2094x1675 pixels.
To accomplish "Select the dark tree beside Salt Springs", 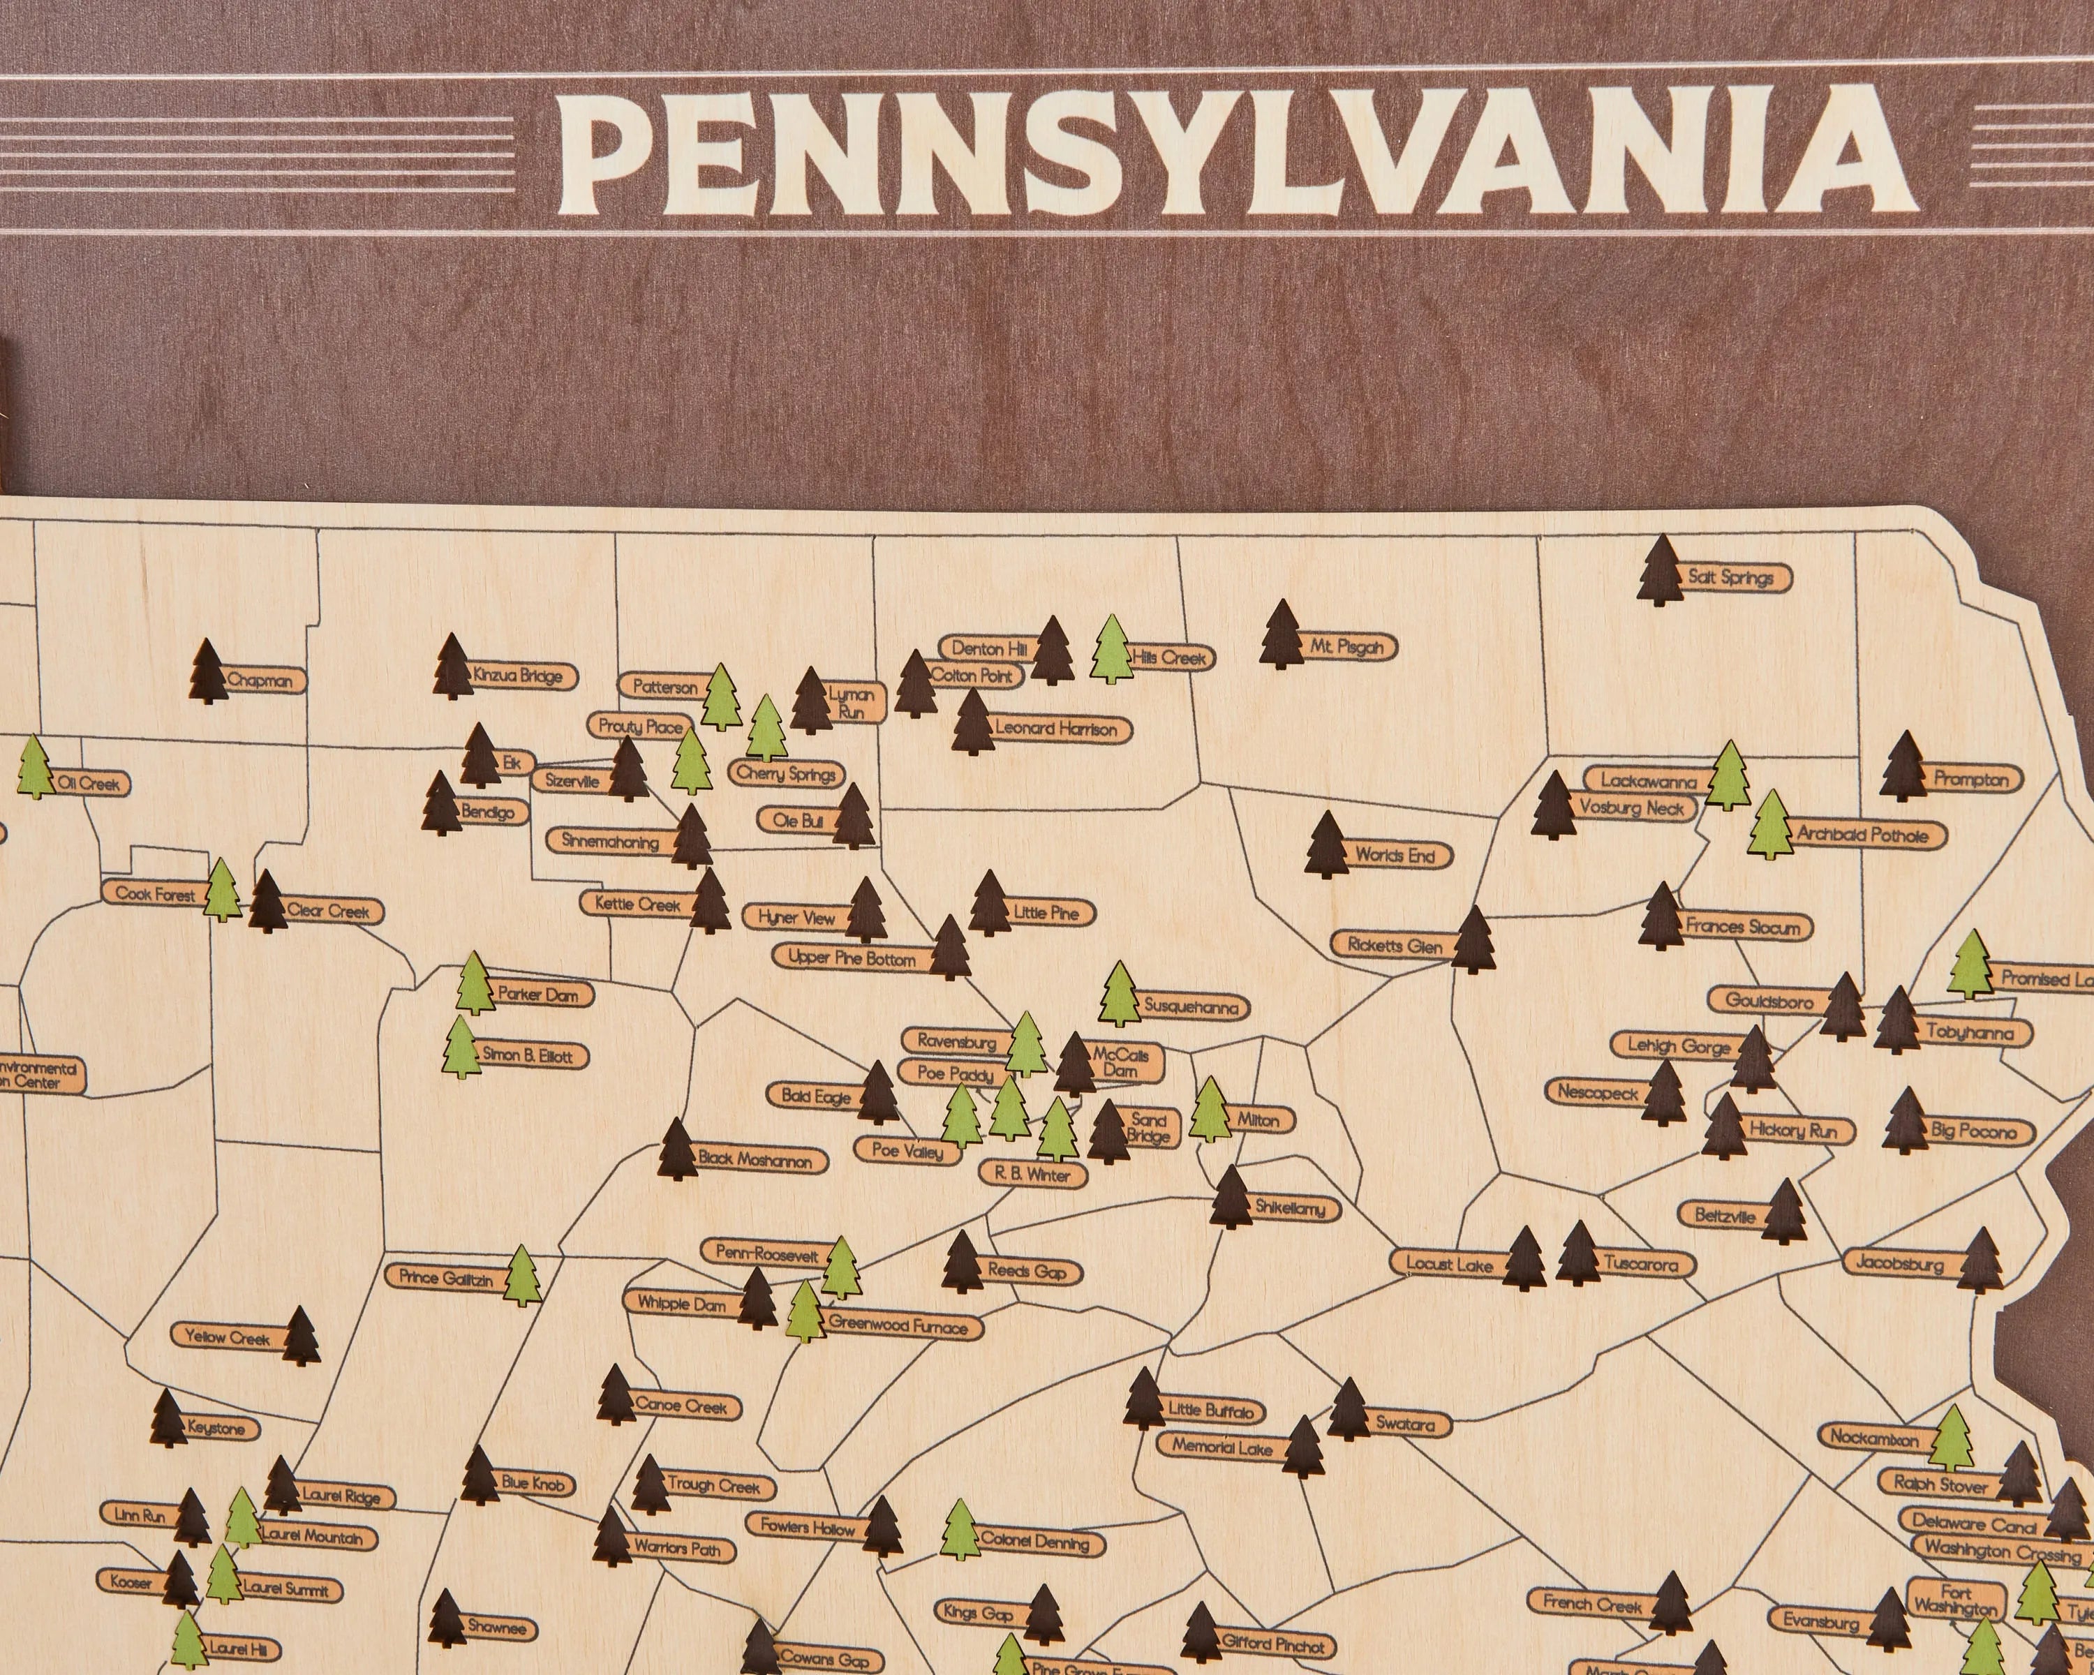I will point(1660,571).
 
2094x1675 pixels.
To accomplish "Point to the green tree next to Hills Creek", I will point(1112,650).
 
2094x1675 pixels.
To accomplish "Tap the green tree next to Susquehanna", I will point(1119,995).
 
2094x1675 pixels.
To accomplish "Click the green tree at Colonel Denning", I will point(960,1531).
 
